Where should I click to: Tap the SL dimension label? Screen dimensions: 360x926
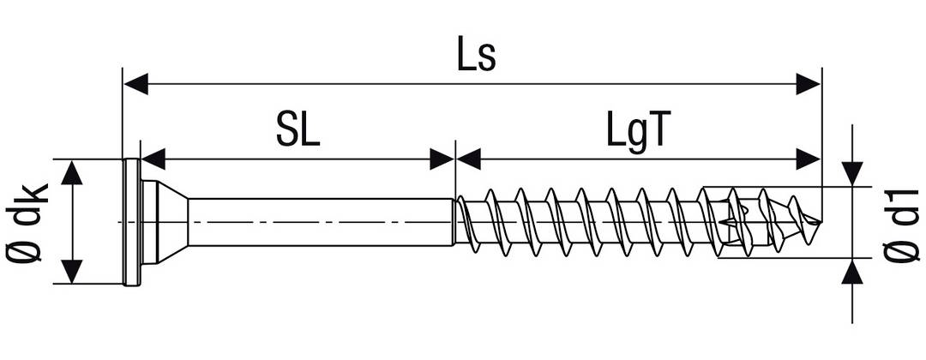[x=298, y=131]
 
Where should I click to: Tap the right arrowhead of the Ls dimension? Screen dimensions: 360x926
[x=808, y=84]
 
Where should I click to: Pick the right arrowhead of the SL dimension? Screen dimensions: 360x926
[x=442, y=159]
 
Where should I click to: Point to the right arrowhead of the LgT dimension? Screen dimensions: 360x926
[x=808, y=159]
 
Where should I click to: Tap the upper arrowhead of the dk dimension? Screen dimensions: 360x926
[x=73, y=172]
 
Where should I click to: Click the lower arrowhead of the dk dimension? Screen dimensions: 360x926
[x=73, y=271]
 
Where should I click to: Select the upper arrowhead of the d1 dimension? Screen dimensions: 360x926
[x=851, y=173]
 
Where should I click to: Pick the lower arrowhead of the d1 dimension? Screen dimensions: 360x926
[x=851, y=272]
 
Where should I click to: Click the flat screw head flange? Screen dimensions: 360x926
[x=132, y=221]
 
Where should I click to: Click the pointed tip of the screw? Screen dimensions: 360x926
[x=818, y=223]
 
